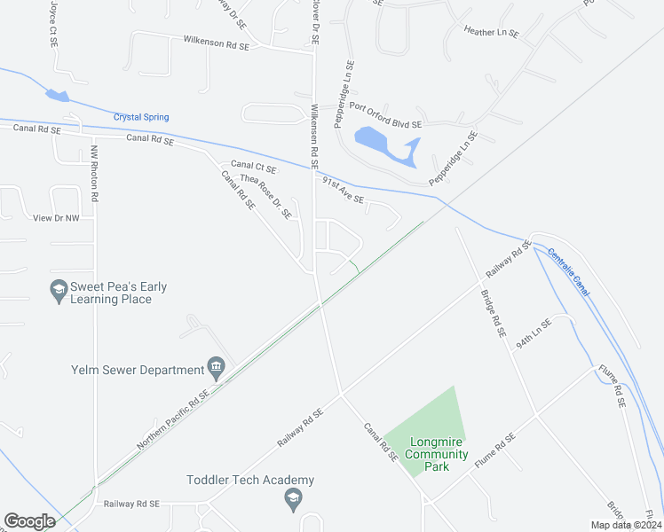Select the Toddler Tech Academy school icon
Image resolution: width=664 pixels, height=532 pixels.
(293, 501)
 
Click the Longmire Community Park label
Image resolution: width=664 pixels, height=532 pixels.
(437, 454)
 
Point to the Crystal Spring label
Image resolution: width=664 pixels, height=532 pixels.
(141, 117)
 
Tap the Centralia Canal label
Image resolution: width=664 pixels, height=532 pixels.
(568, 271)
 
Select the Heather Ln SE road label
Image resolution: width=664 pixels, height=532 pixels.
(491, 32)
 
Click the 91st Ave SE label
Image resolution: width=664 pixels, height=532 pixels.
(343, 190)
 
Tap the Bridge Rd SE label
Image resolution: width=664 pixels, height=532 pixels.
(493, 313)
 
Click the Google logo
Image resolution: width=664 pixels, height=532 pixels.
(29, 521)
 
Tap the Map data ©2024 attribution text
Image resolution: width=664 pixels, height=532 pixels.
(625, 525)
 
